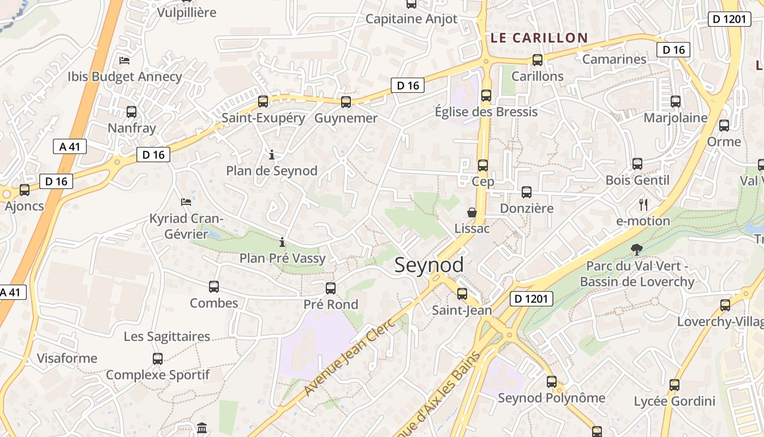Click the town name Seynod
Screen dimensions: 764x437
[x=429, y=265]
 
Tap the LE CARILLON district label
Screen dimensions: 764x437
[x=539, y=38]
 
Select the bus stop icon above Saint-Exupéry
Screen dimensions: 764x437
[x=263, y=101]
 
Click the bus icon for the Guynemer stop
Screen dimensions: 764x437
[x=345, y=102]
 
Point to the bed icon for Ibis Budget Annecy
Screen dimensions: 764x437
[x=124, y=60]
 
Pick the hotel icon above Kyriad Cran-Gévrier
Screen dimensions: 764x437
[x=186, y=202]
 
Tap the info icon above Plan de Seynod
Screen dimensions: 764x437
[x=272, y=155]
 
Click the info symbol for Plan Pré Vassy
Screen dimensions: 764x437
[x=282, y=241]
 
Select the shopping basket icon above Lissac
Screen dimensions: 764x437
[x=472, y=212]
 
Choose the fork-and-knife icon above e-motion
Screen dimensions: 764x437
[x=643, y=205]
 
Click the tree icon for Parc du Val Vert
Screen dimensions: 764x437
[x=636, y=250]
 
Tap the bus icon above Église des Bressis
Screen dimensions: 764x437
[x=486, y=96]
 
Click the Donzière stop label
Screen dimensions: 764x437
[x=527, y=208]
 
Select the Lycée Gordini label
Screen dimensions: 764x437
[x=674, y=401]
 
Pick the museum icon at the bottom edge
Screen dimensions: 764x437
[x=202, y=428]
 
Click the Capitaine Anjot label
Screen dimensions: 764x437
[x=411, y=19]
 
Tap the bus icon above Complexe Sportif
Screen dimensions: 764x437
[x=158, y=359]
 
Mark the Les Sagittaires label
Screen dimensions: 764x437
[x=167, y=336]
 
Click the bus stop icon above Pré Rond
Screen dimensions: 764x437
[x=331, y=288]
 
